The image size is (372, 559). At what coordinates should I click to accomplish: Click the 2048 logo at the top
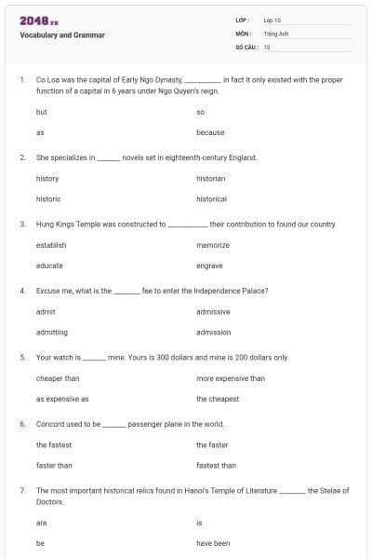(x=38, y=20)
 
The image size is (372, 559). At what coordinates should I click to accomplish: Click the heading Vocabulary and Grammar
(x=62, y=35)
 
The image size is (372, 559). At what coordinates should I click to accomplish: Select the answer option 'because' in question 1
(x=210, y=132)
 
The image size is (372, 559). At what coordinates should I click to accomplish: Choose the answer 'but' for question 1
(x=41, y=112)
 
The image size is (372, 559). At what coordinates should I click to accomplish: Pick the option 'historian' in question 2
(x=210, y=178)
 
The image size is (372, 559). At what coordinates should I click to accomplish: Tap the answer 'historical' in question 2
(x=211, y=198)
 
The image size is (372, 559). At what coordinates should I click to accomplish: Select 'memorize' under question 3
(x=213, y=245)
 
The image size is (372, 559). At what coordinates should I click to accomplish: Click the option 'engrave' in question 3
(x=209, y=266)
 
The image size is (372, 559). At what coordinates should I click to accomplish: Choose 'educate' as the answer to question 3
(x=49, y=266)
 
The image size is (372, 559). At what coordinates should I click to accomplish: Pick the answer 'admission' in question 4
(x=213, y=332)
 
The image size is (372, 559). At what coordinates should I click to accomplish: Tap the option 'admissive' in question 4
(x=213, y=311)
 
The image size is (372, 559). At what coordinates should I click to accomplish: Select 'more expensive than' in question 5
(x=231, y=378)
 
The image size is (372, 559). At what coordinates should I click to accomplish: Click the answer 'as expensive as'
(x=62, y=399)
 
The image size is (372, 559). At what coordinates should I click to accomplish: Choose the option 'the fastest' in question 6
(x=54, y=444)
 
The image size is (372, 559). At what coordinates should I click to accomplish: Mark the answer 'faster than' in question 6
(x=54, y=465)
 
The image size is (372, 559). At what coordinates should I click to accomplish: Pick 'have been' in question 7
(x=213, y=543)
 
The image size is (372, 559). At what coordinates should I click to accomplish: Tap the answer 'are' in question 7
(x=41, y=523)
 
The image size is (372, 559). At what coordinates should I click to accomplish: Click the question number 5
(x=21, y=357)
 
